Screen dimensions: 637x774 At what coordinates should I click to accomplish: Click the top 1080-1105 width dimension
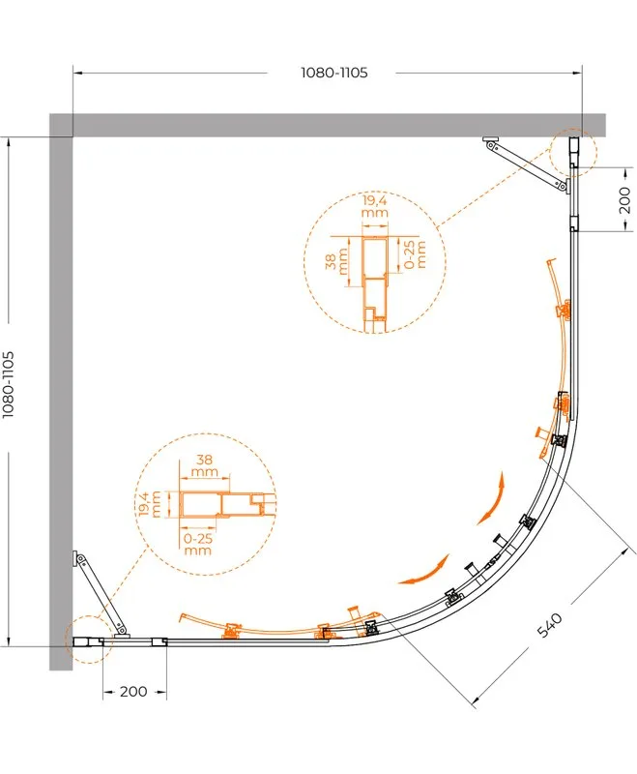(x=334, y=73)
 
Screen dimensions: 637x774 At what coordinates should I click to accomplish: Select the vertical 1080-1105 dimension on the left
(x=9, y=384)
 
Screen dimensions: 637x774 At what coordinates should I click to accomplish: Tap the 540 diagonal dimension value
(x=549, y=624)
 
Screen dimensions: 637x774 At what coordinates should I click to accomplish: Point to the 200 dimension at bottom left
(x=133, y=692)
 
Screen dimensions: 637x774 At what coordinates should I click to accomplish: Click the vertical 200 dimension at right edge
(x=624, y=199)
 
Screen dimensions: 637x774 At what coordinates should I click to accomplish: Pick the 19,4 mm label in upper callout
(x=375, y=206)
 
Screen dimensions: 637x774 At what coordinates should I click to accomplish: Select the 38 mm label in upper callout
(x=336, y=261)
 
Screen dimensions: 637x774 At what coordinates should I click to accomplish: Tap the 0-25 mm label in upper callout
(x=415, y=254)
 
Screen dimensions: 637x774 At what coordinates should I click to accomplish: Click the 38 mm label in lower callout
(x=205, y=465)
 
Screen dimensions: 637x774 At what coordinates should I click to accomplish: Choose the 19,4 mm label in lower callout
(x=150, y=503)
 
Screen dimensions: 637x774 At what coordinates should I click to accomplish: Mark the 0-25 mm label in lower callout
(x=198, y=544)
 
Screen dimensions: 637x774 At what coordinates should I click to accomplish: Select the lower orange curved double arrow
(x=426, y=573)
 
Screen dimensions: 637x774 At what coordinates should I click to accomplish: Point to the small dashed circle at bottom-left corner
(x=89, y=640)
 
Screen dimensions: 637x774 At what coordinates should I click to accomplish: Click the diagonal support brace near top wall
(x=527, y=164)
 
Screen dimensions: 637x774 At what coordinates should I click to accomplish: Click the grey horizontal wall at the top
(x=328, y=125)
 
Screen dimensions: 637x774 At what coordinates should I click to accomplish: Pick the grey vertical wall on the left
(x=61, y=403)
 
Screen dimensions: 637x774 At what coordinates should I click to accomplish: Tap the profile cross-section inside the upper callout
(x=376, y=284)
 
